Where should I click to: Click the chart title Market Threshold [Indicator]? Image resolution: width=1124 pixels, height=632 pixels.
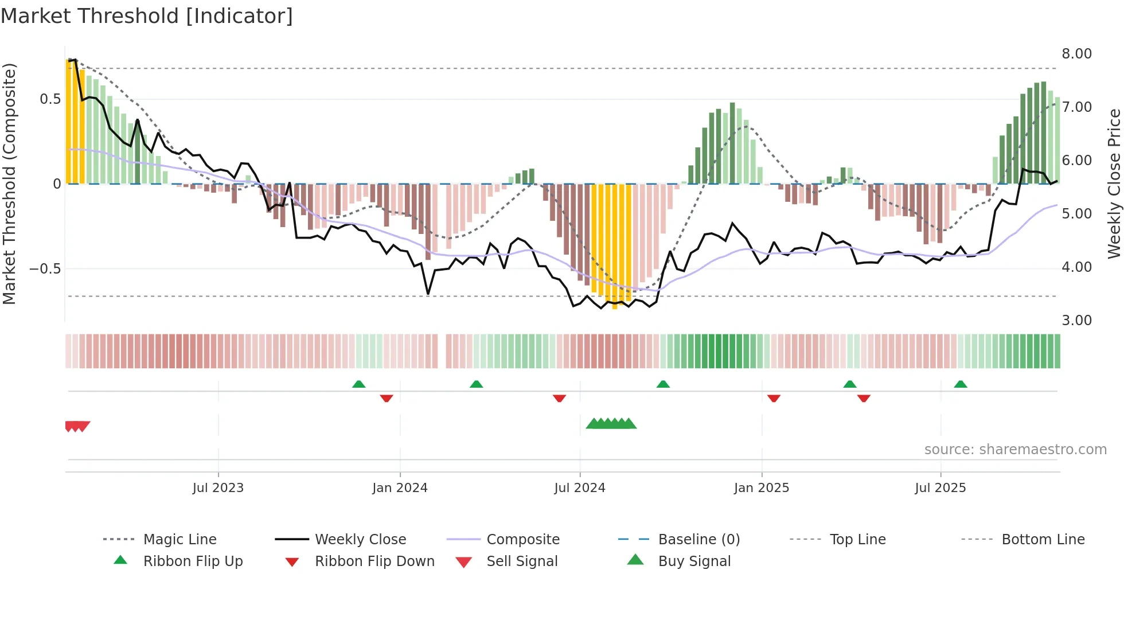147,16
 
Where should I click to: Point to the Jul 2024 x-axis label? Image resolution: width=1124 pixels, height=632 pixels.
579,488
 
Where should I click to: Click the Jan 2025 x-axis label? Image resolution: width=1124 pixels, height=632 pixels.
761,488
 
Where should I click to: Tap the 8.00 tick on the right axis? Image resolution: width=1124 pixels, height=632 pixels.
1076,54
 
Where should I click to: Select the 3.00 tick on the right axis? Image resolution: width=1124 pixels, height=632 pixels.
1076,321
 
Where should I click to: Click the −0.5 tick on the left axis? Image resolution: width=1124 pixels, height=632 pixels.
45,269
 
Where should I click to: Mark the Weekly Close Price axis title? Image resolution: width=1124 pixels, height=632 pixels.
1113,184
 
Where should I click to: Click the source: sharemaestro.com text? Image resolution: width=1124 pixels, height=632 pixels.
1015,450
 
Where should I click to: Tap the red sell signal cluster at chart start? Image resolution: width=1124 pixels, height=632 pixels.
77,426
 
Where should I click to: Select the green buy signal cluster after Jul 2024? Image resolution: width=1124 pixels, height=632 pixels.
611,424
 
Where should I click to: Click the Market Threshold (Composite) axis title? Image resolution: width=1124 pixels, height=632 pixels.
9,184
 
